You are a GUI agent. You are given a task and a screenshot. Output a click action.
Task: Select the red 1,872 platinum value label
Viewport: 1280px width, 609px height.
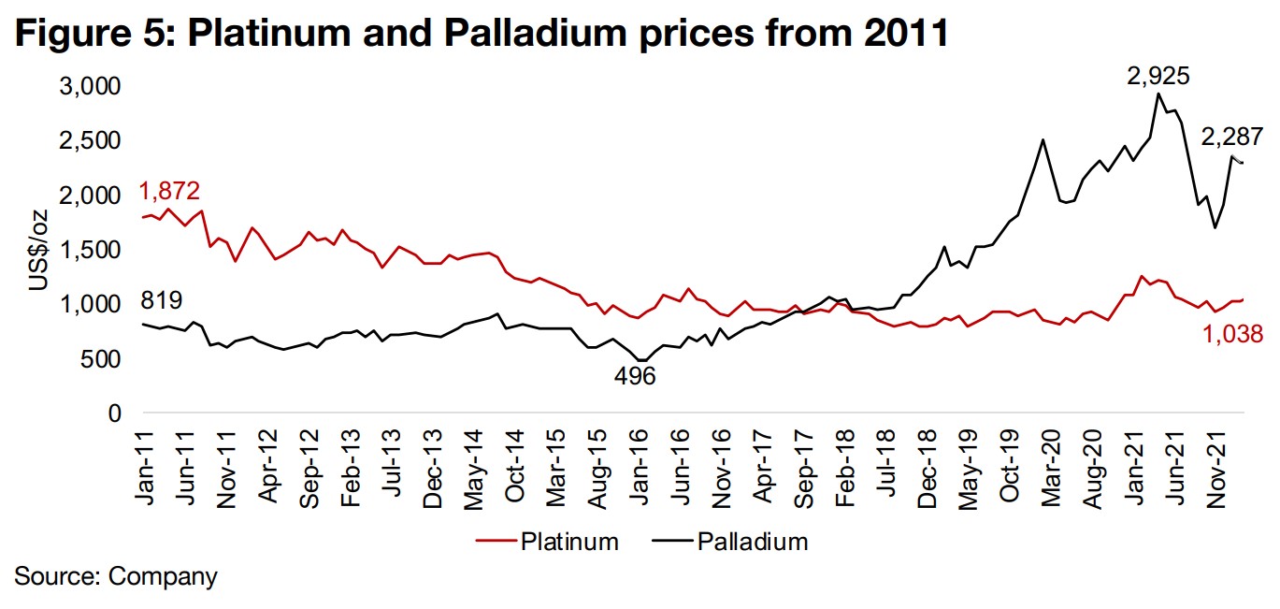tap(169, 193)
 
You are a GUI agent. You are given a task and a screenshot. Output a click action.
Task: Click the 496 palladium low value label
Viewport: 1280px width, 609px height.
tap(634, 376)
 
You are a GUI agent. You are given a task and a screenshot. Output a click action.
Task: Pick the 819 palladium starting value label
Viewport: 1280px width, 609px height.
tap(161, 301)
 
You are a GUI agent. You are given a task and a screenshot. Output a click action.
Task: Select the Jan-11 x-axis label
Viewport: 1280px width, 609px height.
tap(144, 460)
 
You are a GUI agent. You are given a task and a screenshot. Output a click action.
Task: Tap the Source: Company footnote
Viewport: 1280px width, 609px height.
tap(116, 575)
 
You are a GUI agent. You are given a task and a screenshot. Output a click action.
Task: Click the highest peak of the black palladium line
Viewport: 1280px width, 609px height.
tap(1158, 94)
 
